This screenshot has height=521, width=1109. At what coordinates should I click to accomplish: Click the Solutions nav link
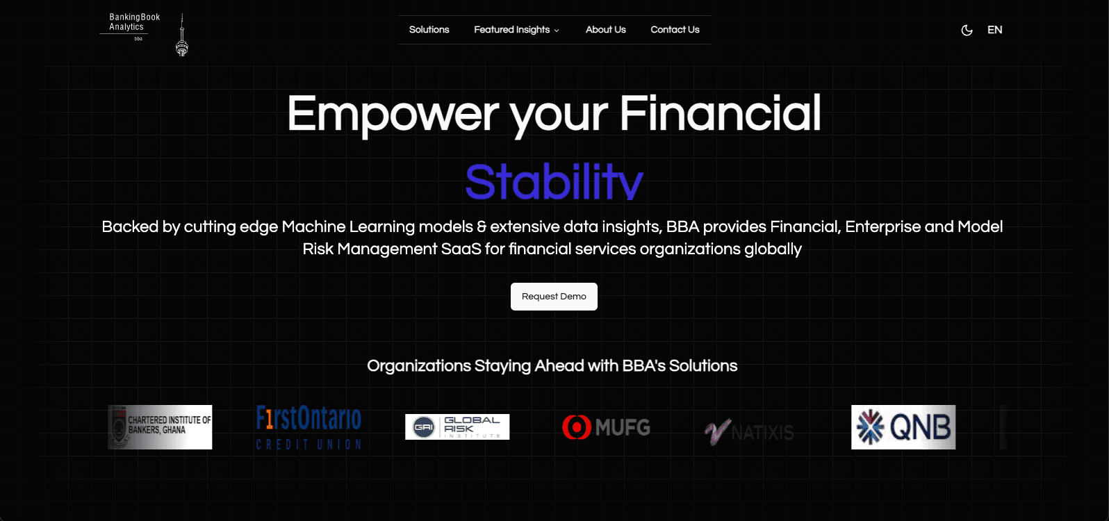point(429,30)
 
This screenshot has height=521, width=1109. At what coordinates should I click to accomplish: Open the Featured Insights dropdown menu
point(516,30)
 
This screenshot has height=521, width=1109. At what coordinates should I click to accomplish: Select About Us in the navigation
point(605,30)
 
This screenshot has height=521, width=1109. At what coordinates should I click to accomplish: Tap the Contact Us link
point(675,30)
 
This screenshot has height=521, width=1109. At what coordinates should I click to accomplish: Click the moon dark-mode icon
point(967,30)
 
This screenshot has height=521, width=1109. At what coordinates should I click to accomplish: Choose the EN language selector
point(994,30)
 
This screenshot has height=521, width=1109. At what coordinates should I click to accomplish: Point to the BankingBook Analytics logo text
point(134,22)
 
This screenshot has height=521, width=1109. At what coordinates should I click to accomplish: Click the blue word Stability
point(554,182)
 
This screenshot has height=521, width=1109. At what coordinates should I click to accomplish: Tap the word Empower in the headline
point(393,113)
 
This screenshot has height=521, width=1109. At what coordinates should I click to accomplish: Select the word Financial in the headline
point(720,113)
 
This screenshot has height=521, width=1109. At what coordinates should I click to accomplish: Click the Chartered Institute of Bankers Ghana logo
point(160,427)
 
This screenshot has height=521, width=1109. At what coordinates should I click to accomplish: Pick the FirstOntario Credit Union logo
point(309,427)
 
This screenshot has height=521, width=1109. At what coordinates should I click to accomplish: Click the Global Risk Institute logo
point(457,427)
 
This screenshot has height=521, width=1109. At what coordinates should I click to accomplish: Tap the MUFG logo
point(606,427)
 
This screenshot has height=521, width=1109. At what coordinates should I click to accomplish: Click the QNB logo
point(903,427)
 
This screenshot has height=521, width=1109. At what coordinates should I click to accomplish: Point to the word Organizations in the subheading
point(419,366)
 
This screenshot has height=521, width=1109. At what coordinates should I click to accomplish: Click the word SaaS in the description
point(461,249)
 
